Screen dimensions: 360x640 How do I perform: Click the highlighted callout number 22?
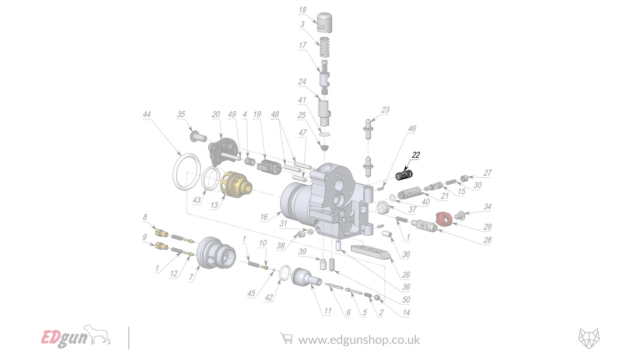415,155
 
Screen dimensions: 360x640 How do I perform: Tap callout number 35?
181,114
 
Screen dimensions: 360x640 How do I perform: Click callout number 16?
264,217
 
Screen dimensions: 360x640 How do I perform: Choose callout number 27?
487,173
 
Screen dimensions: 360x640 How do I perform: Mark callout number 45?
251,293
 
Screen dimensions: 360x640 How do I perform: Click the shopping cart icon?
287,339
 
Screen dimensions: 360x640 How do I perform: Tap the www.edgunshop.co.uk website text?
359,340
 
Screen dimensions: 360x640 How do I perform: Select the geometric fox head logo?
589,338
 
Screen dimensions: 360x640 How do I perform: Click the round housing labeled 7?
215,253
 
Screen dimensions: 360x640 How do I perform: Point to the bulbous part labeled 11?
305,278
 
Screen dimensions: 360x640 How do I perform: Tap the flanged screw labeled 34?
460,216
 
